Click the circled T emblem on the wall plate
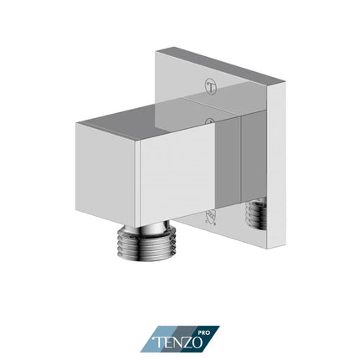(x=209, y=85)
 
